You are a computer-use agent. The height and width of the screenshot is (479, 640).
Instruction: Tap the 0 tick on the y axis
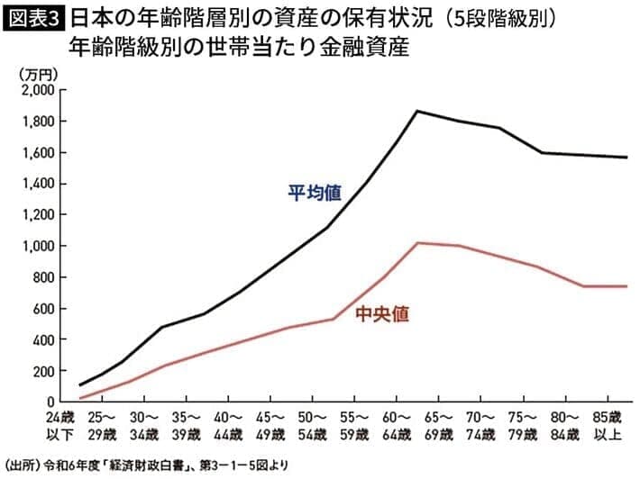48,402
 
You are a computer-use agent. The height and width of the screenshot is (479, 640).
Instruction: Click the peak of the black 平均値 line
417,111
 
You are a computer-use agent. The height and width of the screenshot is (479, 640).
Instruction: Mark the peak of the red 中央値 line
417,243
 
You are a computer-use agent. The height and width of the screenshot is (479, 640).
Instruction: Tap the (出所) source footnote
144,466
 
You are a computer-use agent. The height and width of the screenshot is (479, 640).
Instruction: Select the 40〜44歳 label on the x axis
228,426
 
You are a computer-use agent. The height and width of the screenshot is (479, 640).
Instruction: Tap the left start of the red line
81,398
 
